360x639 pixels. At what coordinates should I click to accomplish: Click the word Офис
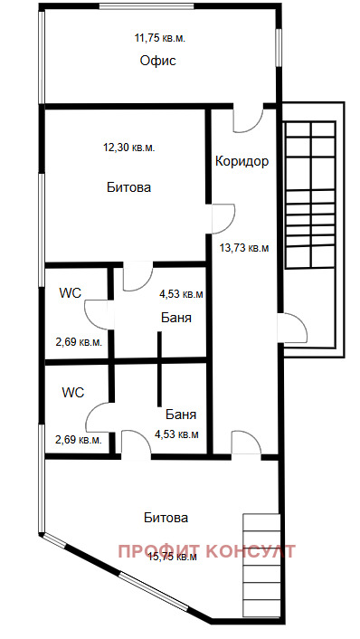(158, 62)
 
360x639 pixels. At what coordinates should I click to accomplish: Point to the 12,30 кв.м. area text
(129, 148)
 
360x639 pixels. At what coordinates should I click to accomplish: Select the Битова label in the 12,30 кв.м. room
(129, 187)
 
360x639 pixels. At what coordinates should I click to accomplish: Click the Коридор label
(242, 161)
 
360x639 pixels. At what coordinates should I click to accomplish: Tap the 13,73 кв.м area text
(244, 247)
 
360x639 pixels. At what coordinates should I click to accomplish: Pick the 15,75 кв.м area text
(172, 557)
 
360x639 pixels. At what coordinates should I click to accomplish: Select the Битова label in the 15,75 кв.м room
(166, 518)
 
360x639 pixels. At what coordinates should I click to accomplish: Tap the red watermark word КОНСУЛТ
(251, 551)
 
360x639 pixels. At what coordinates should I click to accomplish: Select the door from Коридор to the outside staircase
(292, 328)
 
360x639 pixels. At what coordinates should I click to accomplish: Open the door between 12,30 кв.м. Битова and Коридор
(223, 218)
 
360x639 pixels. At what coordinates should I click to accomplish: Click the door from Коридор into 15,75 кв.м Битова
(246, 443)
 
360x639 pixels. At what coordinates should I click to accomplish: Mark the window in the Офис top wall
(147, 6)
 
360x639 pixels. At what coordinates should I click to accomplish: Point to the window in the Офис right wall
(279, 47)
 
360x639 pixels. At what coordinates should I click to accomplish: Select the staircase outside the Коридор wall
(310, 195)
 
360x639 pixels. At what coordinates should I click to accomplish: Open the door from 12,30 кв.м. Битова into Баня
(137, 277)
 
